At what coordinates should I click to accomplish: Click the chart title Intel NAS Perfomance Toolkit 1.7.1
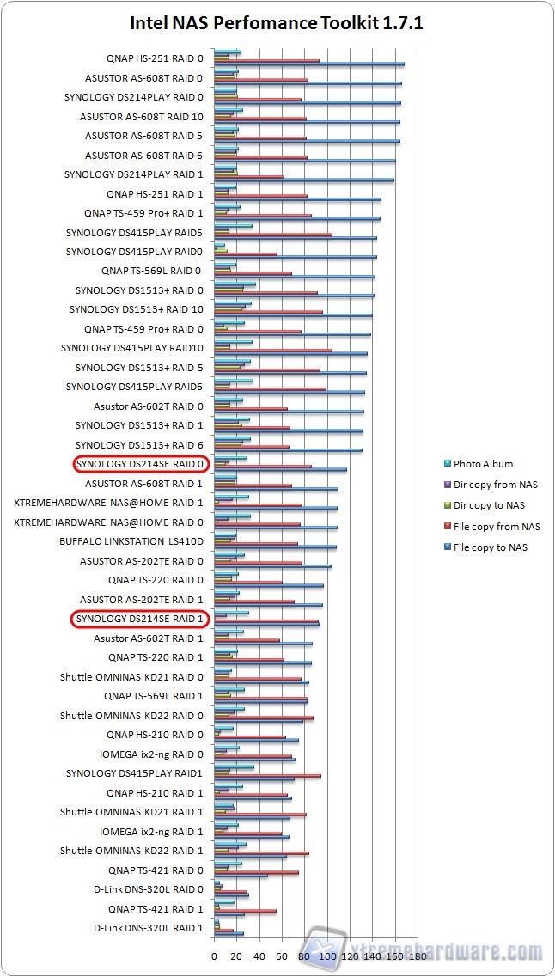point(277,23)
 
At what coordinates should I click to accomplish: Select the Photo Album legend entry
point(483,464)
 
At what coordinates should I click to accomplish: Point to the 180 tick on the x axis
point(418,955)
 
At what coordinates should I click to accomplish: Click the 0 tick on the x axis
point(215,955)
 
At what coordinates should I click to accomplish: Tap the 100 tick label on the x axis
point(326,955)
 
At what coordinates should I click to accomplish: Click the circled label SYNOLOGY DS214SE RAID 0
point(140,464)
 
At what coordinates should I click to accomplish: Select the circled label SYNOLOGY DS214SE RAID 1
point(140,619)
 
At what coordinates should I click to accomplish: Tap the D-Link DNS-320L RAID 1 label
point(149,928)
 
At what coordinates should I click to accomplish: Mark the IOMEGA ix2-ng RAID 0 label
point(151,754)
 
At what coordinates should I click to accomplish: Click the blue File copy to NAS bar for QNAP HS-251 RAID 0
point(309,64)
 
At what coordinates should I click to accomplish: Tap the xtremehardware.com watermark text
point(447,952)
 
